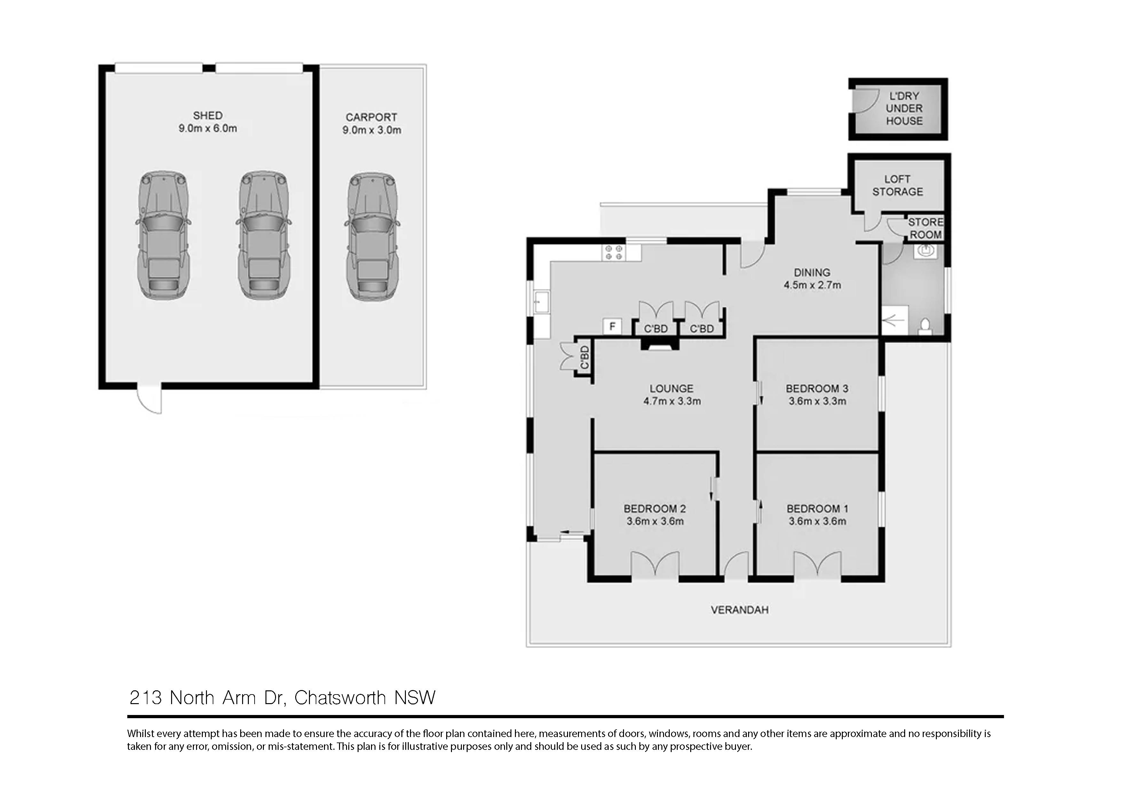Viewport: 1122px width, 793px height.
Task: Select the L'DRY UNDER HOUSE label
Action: click(x=904, y=108)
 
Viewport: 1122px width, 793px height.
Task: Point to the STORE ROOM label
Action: click(x=925, y=228)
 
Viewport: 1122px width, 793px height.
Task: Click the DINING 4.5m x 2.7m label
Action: click(x=812, y=279)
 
